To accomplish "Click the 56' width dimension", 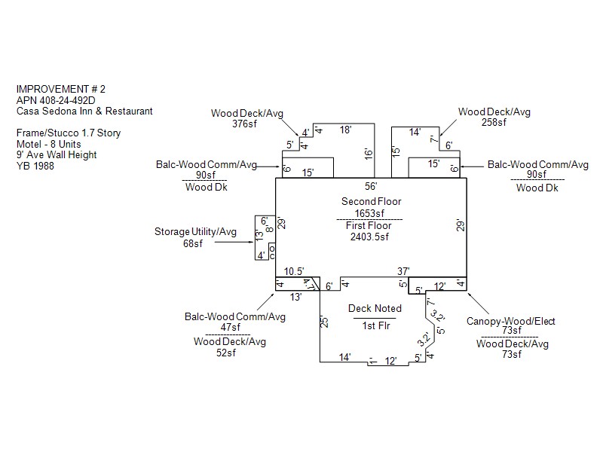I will tap(370, 186).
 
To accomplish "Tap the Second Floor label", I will tap(371, 202).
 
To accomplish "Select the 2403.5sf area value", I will tap(369, 237).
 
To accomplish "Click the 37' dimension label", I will tap(403, 270).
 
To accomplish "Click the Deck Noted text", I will tap(375, 308).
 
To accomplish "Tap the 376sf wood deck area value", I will tap(246, 124).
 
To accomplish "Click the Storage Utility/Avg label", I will tap(195, 232).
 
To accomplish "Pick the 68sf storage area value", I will tap(194, 243).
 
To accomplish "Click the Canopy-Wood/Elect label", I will tap(511, 322).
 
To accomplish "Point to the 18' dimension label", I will tap(345, 130).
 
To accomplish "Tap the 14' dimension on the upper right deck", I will tap(415, 132).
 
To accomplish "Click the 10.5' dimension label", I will tap(294, 271).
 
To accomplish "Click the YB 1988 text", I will tap(35, 166).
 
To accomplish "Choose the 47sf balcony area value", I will tap(230, 327).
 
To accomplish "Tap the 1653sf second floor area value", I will tap(370, 213).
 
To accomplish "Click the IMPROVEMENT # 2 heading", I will tap(60, 89).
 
